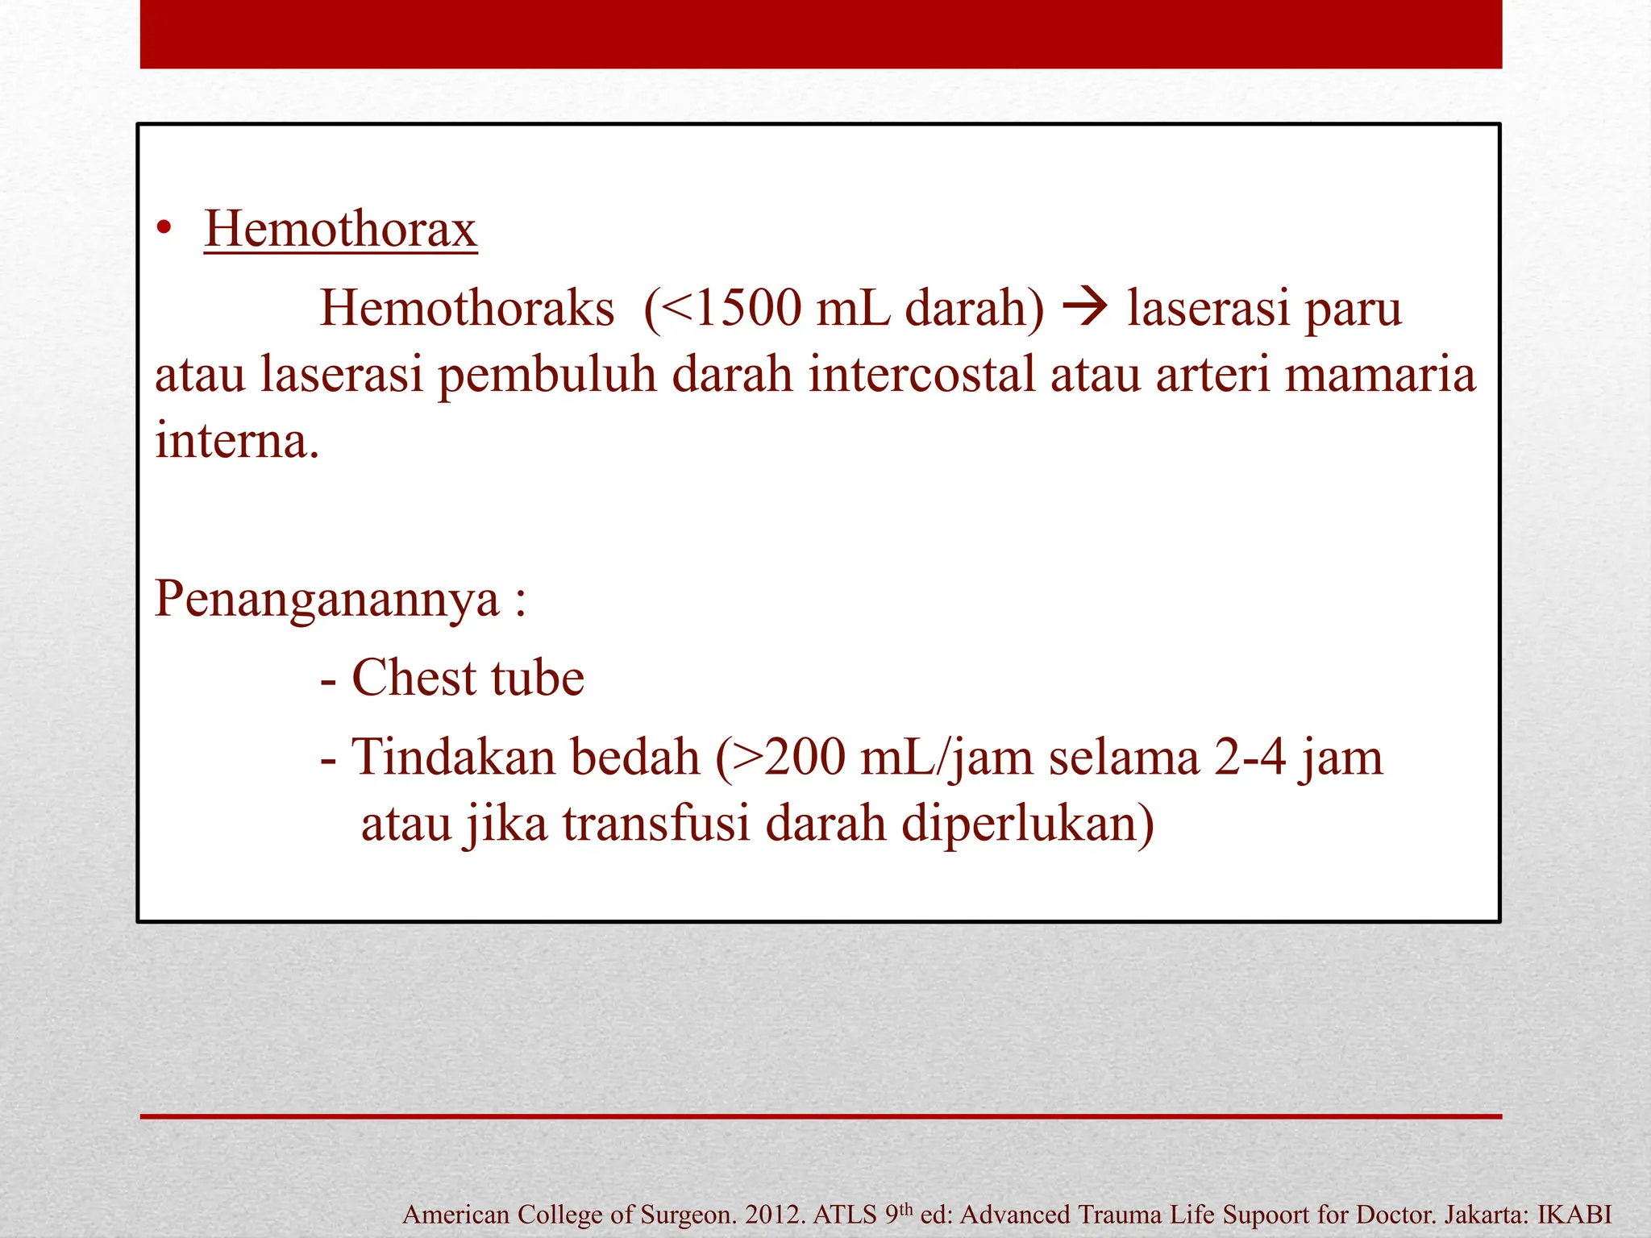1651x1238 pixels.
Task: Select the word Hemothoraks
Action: click(467, 309)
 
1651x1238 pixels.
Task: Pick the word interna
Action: click(237, 442)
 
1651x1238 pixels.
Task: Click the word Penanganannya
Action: click(326, 600)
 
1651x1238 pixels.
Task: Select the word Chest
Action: click(414, 678)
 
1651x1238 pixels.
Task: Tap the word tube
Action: click(537, 678)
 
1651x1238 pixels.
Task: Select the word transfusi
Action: click(656, 824)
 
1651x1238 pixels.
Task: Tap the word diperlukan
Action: click(1027, 825)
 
